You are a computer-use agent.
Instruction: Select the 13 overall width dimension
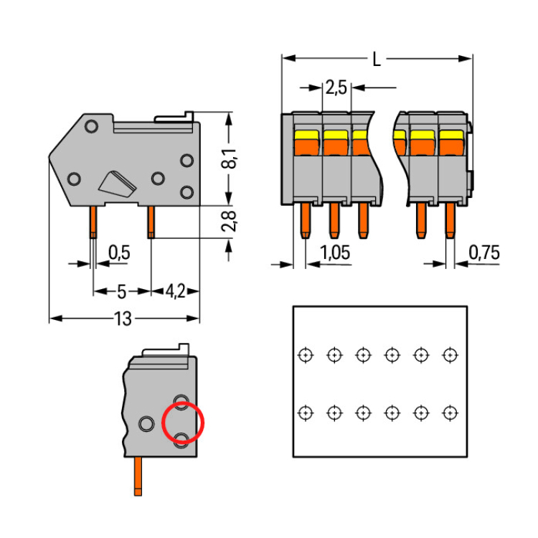point(123,319)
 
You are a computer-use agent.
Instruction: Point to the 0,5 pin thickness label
point(119,253)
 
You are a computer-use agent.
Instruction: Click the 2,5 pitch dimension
point(336,88)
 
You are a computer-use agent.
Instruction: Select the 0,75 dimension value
point(484,253)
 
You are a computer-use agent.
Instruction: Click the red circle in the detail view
point(183,423)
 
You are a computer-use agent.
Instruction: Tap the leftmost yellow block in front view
point(307,134)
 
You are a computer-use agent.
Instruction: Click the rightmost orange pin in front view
point(450,220)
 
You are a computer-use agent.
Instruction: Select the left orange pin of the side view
point(93,222)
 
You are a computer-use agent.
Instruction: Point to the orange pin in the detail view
point(137,477)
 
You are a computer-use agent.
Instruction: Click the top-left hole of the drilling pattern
point(306,354)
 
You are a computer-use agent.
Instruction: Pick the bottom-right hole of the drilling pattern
point(450,412)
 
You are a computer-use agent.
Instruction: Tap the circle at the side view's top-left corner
point(91,127)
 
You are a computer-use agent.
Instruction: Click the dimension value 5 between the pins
point(121,291)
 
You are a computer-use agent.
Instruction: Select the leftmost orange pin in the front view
point(305,220)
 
